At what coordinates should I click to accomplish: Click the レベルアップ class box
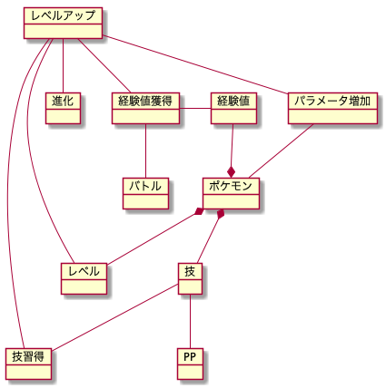[63, 24]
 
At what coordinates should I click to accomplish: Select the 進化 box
[63, 108]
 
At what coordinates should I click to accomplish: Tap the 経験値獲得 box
[145, 108]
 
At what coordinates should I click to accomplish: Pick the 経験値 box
[233, 108]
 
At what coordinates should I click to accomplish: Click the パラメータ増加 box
[332, 108]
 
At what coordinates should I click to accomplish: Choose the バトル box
[145, 193]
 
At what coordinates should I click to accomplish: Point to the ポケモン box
[231, 193]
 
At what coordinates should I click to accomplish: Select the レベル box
[84, 278]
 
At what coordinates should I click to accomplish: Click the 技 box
[190, 278]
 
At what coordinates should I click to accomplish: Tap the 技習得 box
[28, 364]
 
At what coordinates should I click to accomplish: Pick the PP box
[190, 364]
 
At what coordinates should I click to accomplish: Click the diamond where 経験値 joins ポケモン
[232, 172]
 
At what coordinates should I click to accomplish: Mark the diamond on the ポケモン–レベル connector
[199, 211]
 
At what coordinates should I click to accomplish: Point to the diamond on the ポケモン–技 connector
[221, 214]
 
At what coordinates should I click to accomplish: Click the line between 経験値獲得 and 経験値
[195, 108]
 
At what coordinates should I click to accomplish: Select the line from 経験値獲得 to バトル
[145, 150]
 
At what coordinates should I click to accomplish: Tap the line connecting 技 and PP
[190, 321]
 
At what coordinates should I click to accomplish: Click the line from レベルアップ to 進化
[63, 65]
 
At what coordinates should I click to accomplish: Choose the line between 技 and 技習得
[115, 317]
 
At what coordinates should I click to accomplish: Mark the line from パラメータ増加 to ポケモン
[281, 150]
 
